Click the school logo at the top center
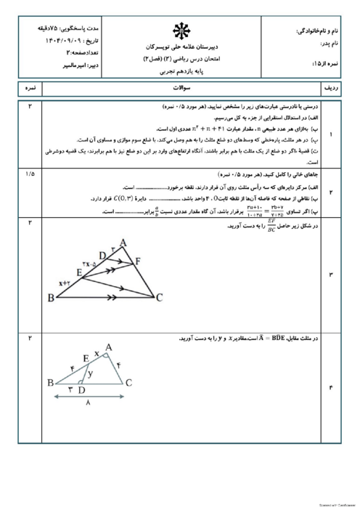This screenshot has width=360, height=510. click(x=179, y=31)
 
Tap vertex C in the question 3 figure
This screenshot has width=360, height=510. click(x=158, y=296)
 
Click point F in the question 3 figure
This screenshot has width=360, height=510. click(x=138, y=259)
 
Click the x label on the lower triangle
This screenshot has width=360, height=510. click(x=96, y=354)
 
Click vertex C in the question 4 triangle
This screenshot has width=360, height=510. click(x=128, y=383)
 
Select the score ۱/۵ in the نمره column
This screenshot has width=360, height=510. click(x=30, y=174)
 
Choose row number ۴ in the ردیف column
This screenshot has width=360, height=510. click(x=330, y=387)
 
